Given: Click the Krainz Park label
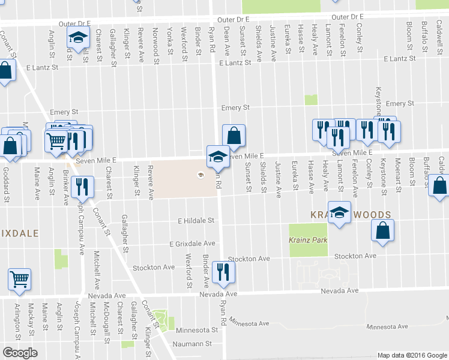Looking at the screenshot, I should [x=306, y=239].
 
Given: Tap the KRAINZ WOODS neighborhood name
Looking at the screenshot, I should [x=351, y=214].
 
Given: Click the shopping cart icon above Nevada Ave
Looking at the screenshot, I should [x=19, y=278].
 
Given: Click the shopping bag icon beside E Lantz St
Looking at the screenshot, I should [x=5, y=71].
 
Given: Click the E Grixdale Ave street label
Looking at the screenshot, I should [x=192, y=244].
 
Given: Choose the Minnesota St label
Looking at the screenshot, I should [x=197, y=330].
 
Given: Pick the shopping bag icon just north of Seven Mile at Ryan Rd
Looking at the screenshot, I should [x=234, y=135].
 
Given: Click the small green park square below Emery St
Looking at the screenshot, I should [x=310, y=100].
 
